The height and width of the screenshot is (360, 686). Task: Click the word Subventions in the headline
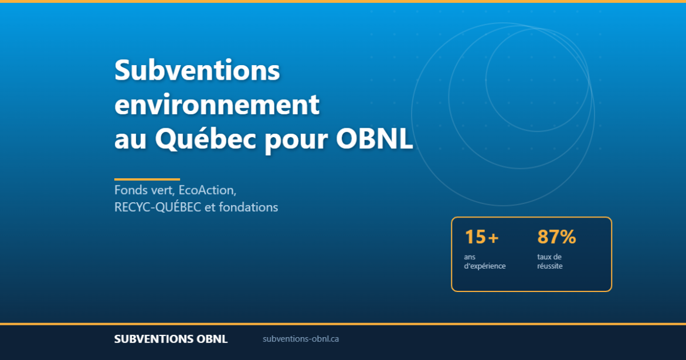(x=198, y=71)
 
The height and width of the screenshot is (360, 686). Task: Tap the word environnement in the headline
(x=217, y=106)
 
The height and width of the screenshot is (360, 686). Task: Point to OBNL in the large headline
(x=375, y=140)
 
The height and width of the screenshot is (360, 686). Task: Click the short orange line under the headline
(x=147, y=179)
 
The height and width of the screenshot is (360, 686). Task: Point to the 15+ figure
(x=481, y=237)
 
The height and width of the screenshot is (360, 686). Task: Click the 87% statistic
(x=556, y=237)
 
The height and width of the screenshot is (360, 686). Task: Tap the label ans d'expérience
(x=484, y=261)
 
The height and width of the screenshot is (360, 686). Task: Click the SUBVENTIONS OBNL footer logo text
(x=171, y=339)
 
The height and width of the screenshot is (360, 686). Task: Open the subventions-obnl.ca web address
(x=301, y=339)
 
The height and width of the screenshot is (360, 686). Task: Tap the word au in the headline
(x=130, y=141)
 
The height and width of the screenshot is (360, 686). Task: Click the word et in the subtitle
(x=210, y=208)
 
